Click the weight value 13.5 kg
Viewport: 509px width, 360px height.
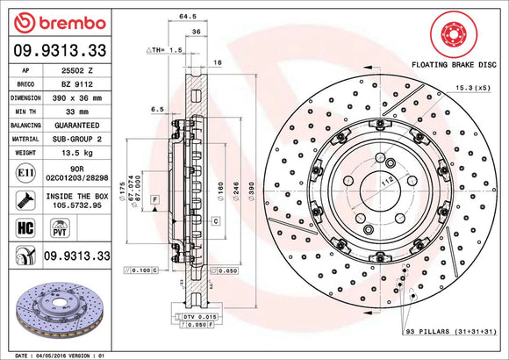point(73,152)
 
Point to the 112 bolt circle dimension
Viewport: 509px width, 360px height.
point(385,183)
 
